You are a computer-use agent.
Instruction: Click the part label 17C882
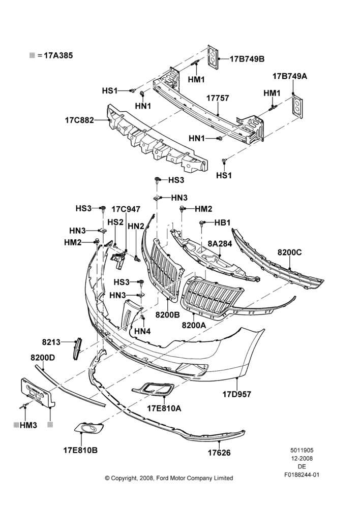(x=79, y=120)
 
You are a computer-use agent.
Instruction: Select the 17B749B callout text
(x=247, y=59)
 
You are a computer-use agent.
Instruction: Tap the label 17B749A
(x=290, y=76)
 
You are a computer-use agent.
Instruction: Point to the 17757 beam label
(x=218, y=98)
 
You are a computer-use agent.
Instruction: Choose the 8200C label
(x=289, y=252)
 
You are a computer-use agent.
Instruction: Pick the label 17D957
(x=237, y=394)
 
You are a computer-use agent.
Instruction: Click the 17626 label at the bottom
(x=219, y=453)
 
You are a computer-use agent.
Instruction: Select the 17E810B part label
(x=80, y=450)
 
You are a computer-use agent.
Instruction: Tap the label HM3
(x=28, y=425)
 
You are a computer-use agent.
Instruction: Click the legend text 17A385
(x=58, y=55)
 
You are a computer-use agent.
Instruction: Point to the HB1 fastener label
(x=222, y=223)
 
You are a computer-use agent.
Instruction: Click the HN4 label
(x=142, y=331)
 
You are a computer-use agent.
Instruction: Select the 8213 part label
(x=51, y=342)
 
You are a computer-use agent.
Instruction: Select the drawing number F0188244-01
(x=302, y=474)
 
